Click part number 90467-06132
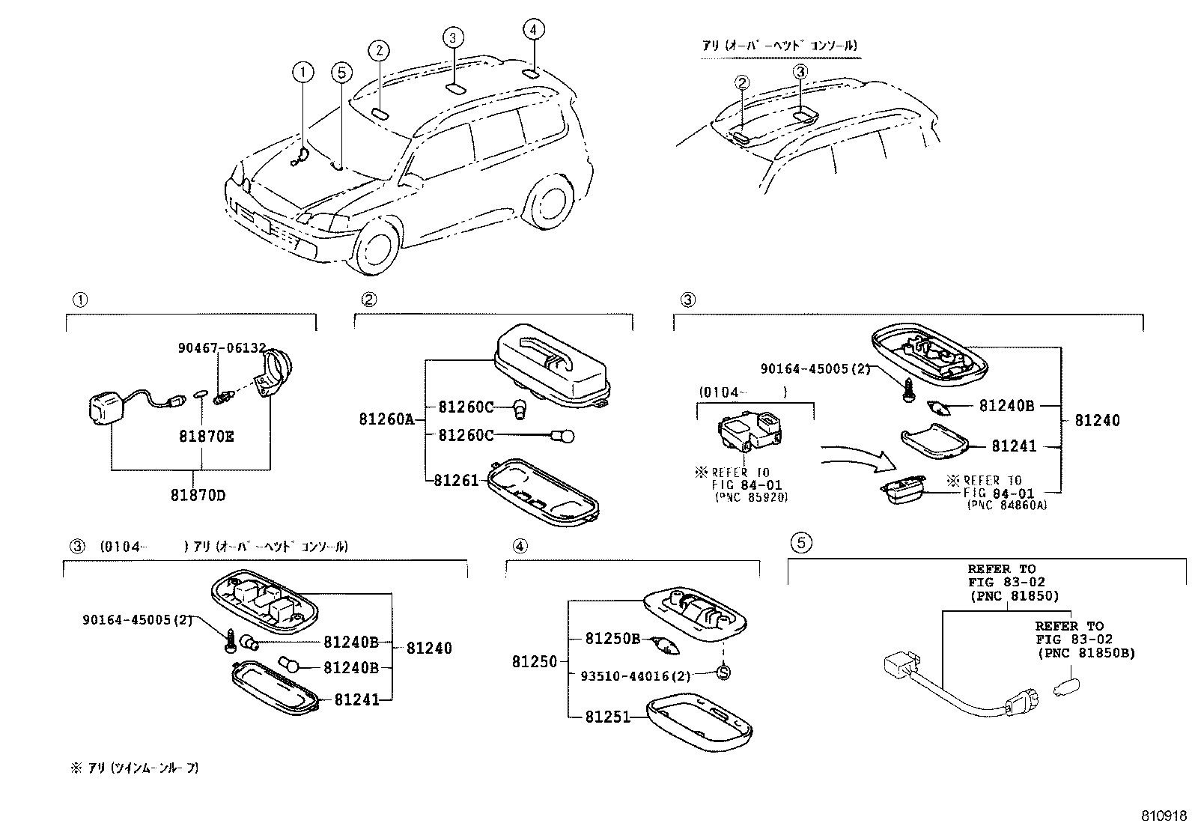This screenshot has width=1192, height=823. point(222,347)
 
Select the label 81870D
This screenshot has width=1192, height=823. point(198,495)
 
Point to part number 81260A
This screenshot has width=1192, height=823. point(386,419)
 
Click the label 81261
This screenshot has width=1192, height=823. point(456,480)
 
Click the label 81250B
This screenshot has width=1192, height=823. point(612,639)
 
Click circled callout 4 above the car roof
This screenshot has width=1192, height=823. point(532,30)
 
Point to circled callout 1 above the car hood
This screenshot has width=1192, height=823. point(302,72)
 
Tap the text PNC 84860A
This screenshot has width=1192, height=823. point(1007,505)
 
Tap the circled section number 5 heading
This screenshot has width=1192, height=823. point(800,543)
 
